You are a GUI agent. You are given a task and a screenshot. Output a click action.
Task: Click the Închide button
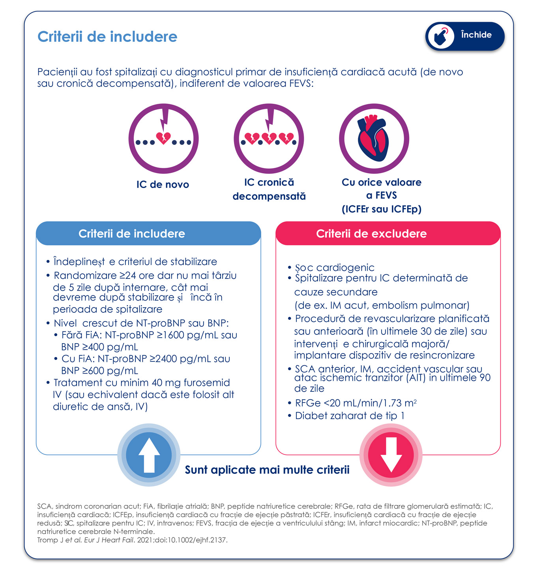point(465,36)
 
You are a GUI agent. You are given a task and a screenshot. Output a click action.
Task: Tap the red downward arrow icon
point(391,455)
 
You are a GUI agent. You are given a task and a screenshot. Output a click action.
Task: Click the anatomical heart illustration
point(374,139)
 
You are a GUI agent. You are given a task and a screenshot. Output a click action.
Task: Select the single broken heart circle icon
point(163,139)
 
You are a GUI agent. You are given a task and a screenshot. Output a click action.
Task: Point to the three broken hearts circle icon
point(269,139)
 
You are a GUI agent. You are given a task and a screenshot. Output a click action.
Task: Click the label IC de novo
point(163,184)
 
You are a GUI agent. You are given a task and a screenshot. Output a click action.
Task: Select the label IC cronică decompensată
point(269,189)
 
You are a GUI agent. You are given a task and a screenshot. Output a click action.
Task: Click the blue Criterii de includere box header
point(148,233)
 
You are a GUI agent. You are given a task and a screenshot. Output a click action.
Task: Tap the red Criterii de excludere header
point(388,233)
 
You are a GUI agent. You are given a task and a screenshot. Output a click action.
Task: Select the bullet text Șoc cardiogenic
point(335,267)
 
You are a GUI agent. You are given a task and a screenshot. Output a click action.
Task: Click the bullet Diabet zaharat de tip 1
point(350,415)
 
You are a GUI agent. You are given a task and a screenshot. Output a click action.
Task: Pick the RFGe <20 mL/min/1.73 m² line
point(356,403)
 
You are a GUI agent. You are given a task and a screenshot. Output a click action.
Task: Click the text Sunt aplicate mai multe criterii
point(267,470)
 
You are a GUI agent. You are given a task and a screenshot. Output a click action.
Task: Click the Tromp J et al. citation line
point(132,540)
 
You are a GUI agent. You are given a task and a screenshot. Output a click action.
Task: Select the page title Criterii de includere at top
point(107,37)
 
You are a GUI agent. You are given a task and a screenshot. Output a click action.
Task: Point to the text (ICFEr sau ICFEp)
point(382,209)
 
